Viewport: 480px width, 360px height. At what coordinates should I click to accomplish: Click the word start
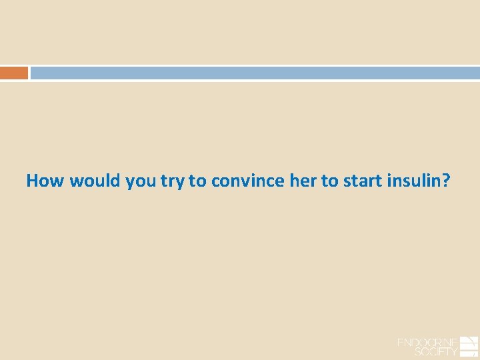(361, 181)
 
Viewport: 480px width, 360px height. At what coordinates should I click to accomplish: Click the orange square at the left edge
(13, 73)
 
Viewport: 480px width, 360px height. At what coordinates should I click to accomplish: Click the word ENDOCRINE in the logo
(427, 343)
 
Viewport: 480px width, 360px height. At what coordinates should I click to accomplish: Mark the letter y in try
(181, 183)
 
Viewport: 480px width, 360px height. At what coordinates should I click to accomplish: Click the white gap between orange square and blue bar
(29, 73)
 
